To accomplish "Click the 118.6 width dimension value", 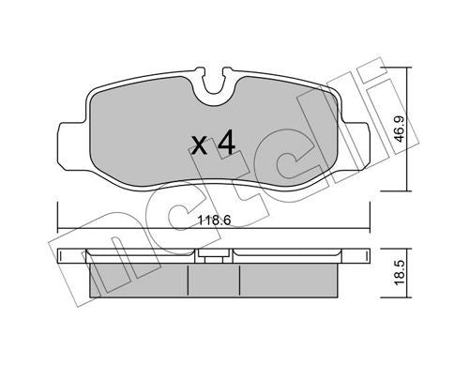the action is (x=214, y=221).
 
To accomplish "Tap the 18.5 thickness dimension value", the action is (x=400, y=272).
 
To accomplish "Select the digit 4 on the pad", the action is (x=226, y=144).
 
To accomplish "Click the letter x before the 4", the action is (x=200, y=146).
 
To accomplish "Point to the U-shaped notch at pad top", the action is (x=214, y=82).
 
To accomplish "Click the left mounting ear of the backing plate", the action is (x=72, y=145).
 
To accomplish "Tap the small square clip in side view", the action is (x=214, y=258).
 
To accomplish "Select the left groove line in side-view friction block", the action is (x=188, y=281).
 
